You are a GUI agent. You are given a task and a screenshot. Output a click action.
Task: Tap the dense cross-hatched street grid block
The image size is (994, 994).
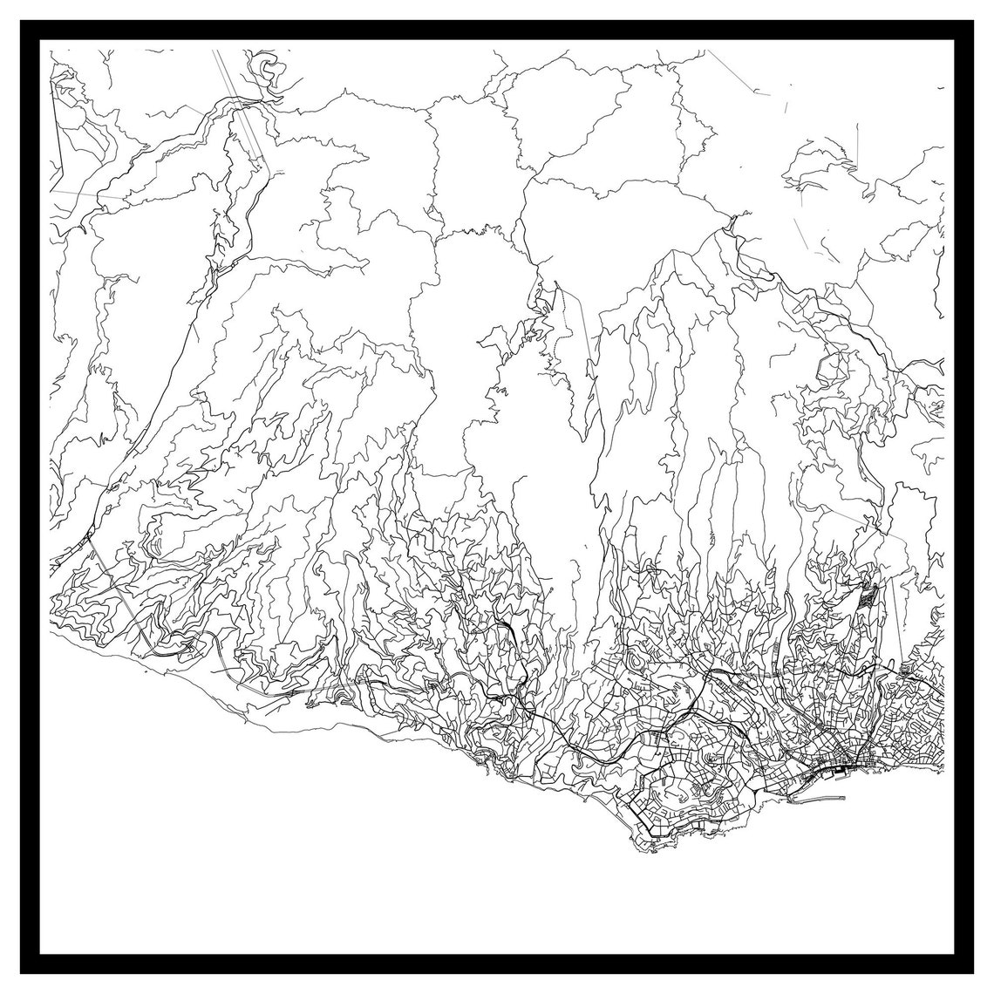pyautogui.click(x=867, y=599)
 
